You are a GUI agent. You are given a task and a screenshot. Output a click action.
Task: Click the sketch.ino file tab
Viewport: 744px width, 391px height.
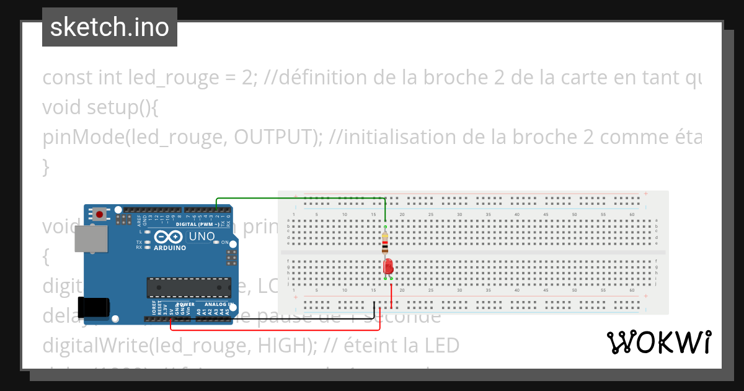pyautogui.click(x=110, y=27)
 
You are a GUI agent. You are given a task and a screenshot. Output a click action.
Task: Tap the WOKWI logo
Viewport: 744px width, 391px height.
pyautogui.click(x=658, y=342)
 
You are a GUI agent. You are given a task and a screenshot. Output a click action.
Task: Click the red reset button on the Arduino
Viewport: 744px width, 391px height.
pyautogui.click(x=99, y=215)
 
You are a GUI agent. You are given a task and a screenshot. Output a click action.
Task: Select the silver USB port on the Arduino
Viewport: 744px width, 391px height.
pyautogui.click(x=87, y=239)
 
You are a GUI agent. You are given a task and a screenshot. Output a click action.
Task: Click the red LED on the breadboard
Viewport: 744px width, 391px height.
pyautogui.click(x=388, y=267)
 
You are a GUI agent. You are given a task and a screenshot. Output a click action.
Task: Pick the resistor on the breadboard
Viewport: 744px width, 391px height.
pyautogui.click(x=385, y=242)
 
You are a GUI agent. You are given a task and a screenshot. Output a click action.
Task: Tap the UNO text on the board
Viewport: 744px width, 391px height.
pyautogui.click(x=201, y=236)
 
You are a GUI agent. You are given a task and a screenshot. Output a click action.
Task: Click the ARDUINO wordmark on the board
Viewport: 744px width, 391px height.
pyautogui.click(x=169, y=248)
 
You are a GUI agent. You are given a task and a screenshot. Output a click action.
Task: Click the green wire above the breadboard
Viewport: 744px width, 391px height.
pyautogui.click(x=298, y=198)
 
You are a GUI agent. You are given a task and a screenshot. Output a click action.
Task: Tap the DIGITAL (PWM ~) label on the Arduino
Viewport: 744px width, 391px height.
pyautogui.click(x=195, y=224)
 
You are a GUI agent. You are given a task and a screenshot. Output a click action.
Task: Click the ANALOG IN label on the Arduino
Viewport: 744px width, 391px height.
pyautogui.click(x=215, y=305)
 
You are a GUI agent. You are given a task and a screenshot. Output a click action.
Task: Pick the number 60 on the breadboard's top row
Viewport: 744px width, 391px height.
pyautogui.click(x=632, y=215)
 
